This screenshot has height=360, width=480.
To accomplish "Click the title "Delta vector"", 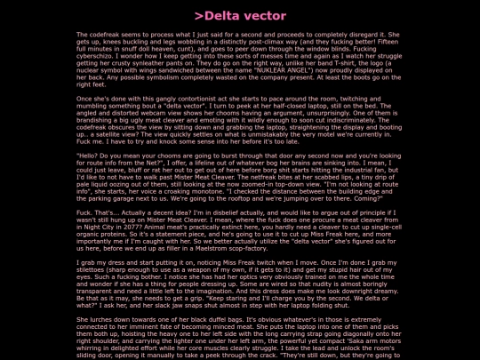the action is pos(240,16).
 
